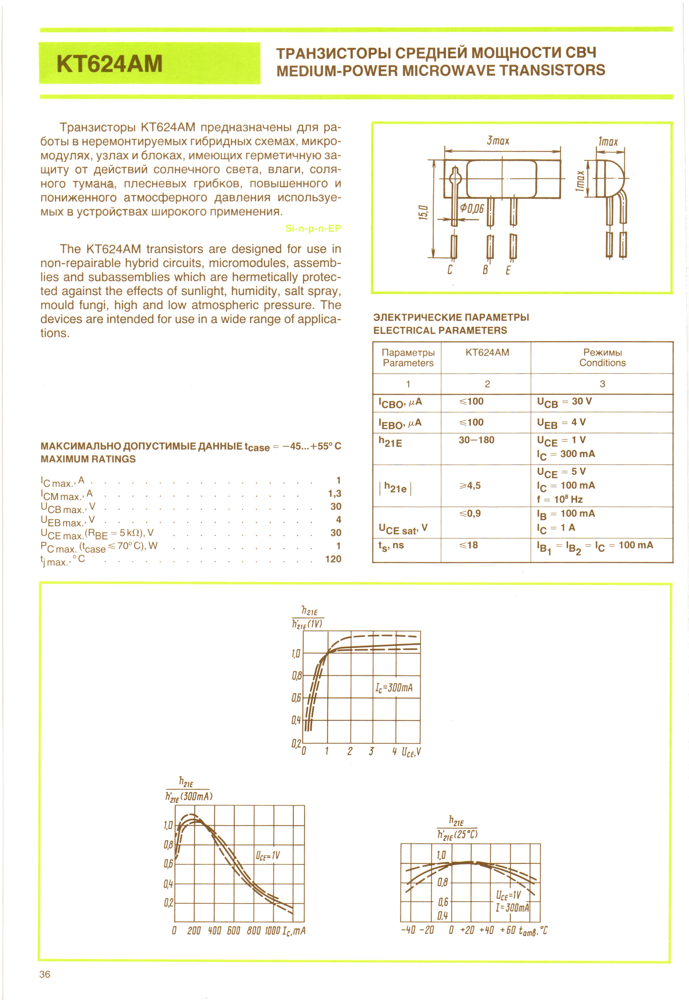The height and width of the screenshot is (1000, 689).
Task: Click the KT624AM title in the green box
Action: pyautogui.click(x=109, y=64)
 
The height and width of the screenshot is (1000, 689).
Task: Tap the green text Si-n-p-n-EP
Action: pyautogui.click(x=313, y=228)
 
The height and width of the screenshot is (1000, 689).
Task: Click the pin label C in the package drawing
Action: pyautogui.click(x=450, y=270)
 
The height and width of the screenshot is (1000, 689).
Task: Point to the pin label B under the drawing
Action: pyautogui.click(x=485, y=270)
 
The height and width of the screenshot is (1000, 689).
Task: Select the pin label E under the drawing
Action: pyautogui.click(x=508, y=270)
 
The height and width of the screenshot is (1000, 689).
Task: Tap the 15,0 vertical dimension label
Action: pyautogui.click(x=423, y=212)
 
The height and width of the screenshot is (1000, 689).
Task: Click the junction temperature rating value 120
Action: pyautogui.click(x=333, y=559)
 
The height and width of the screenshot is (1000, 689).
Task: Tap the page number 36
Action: pyautogui.click(x=45, y=974)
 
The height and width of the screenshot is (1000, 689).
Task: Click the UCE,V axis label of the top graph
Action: pyautogui.click(x=411, y=752)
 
